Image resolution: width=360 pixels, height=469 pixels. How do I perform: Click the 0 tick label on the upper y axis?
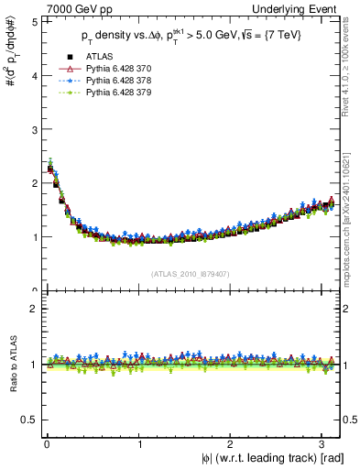pos(34,290)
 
